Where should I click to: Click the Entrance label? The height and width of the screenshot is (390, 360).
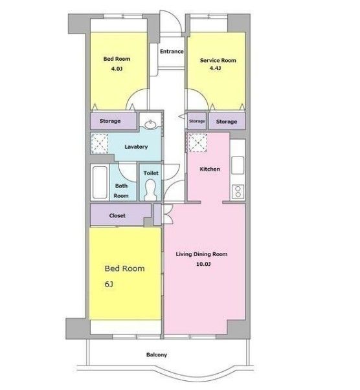click(172, 52)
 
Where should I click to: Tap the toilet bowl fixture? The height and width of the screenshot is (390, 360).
click(150, 190)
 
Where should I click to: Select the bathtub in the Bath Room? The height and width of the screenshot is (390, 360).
click(100, 182)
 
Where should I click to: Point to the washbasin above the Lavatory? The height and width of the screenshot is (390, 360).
click(150, 124)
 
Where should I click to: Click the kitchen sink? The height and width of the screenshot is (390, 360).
click(238, 165)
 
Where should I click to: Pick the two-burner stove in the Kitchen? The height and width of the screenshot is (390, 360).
click(238, 191)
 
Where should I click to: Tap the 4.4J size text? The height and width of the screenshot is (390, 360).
click(215, 68)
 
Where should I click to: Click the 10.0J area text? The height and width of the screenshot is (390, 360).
click(203, 264)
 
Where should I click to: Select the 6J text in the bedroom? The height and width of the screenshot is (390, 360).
click(109, 284)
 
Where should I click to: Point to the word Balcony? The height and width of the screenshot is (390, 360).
click(157, 354)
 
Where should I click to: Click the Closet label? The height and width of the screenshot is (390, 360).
click(117, 215)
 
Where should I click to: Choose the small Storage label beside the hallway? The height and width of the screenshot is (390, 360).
click(197, 121)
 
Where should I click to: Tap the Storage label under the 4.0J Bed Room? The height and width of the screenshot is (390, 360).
click(110, 121)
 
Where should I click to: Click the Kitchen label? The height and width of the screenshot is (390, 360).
click(210, 169)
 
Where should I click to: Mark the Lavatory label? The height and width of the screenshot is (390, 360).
click(136, 147)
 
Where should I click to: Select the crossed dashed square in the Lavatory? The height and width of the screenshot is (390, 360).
click(100, 144)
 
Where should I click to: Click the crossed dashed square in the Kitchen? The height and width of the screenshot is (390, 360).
click(198, 143)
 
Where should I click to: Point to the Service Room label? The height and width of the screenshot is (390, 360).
click(218, 60)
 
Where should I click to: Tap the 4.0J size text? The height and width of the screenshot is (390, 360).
click(117, 69)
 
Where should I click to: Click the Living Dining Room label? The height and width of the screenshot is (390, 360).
click(201, 254)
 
